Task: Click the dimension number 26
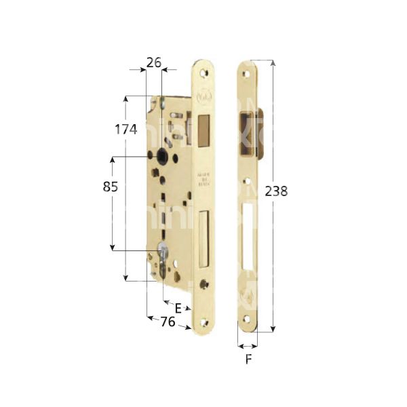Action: (x=153, y=62)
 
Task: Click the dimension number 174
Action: (x=127, y=129)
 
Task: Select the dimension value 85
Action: (x=111, y=187)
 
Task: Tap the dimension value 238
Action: (x=276, y=191)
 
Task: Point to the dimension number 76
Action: (x=159, y=321)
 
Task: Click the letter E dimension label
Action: (x=178, y=308)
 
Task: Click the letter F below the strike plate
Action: (x=248, y=360)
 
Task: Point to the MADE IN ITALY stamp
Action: (x=205, y=178)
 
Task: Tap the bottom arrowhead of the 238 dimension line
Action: (x=273, y=328)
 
